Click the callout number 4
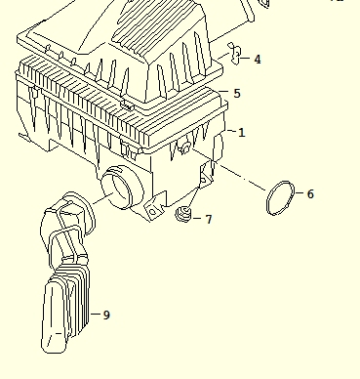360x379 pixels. (258, 60)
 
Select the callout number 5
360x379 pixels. (237, 94)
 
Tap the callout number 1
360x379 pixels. (241, 133)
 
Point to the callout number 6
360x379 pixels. (310, 194)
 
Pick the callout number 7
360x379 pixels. (209, 220)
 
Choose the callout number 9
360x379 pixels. (106, 315)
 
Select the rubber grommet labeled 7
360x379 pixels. (183, 214)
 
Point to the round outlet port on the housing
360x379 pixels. (122, 188)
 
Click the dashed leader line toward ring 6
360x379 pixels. (228, 169)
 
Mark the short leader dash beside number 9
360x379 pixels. (96, 315)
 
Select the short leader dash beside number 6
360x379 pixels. (300, 193)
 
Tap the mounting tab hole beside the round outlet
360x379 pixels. (153, 212)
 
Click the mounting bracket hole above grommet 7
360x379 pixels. (203, 180)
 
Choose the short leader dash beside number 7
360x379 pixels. (197, 218)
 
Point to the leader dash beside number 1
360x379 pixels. (231, 131)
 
